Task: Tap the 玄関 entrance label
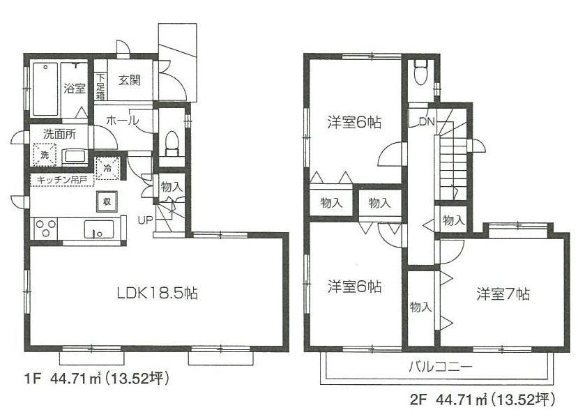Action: click(129, 79)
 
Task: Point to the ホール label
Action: click(121, 120)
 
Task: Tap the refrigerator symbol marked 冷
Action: click(108, 168)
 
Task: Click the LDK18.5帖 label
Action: click(157, 293)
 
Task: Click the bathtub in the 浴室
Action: click(45, 89)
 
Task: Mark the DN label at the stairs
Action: click(427, 121)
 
